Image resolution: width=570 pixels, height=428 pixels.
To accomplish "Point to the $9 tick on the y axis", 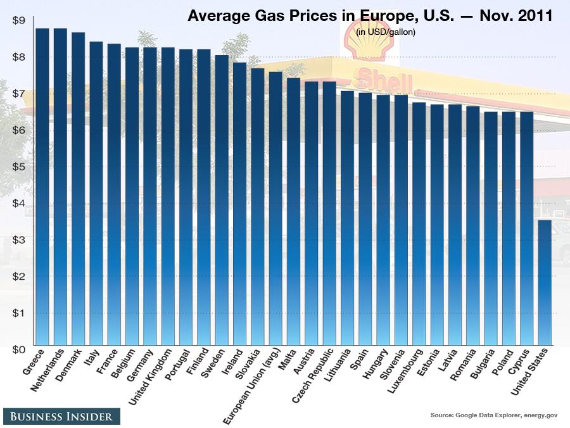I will tap(18, 21).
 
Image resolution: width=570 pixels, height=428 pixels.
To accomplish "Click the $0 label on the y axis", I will tap(18, 349).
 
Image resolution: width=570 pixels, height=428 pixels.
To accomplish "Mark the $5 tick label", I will tap(18, 167).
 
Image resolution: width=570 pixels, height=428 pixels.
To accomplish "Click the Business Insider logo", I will tap(61, 416).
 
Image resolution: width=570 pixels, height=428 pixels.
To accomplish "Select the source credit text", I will tap(493, 415).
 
